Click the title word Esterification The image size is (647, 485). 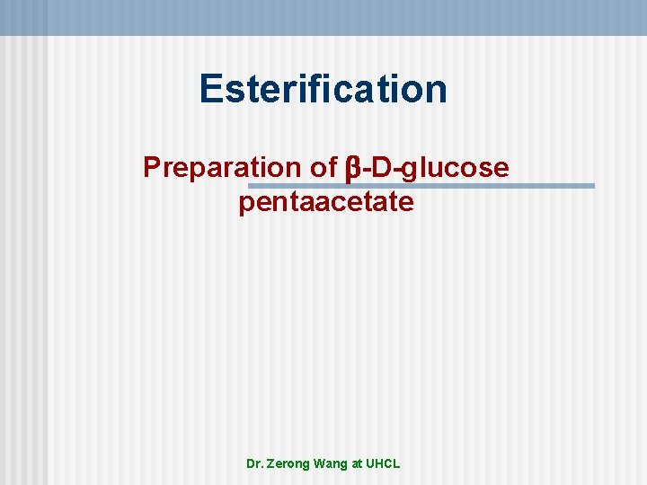(323, 89)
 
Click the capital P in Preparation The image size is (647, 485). (152, 167)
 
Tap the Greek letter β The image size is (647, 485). (353, 169)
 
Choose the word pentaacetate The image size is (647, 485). (326, 203)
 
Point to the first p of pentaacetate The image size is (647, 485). (246, 206)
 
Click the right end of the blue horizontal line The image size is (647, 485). (592, 186)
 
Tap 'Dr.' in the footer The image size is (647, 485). (255, 464)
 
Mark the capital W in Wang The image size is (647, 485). (322, 464)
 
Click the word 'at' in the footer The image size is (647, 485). (358, 464)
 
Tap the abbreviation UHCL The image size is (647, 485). (384, 464)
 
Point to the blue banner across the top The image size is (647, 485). (323, 17)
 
